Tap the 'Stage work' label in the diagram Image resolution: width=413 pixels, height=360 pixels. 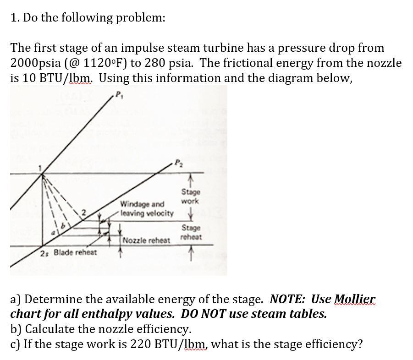pyautogui.click(x=190, y=196)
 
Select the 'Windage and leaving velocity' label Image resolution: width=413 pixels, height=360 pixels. pyautogui.click(x=147, y=209)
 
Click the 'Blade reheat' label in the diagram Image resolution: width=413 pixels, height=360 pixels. pyautogui.click(x=75, y=252)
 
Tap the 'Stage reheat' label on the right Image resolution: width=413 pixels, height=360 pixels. pyautogui.click(x=191, y=232)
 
